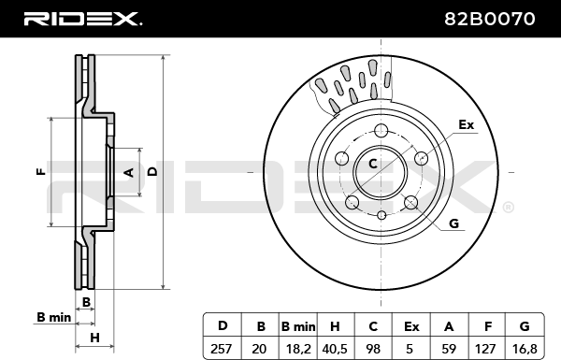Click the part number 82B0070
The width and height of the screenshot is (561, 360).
pos(489,19)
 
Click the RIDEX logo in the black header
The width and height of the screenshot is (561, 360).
pos(83,19)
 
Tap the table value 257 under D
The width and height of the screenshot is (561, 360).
pos(221,349)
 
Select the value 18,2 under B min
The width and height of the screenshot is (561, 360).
pos(298,349)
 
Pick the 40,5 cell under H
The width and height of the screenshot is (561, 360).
pos(336,349)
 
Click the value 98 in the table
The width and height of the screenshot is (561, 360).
pos(373,349)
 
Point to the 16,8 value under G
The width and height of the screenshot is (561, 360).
pos(525,349)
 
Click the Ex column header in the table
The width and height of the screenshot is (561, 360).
pos(411,326)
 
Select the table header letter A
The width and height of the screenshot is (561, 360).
pos(449,326)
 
